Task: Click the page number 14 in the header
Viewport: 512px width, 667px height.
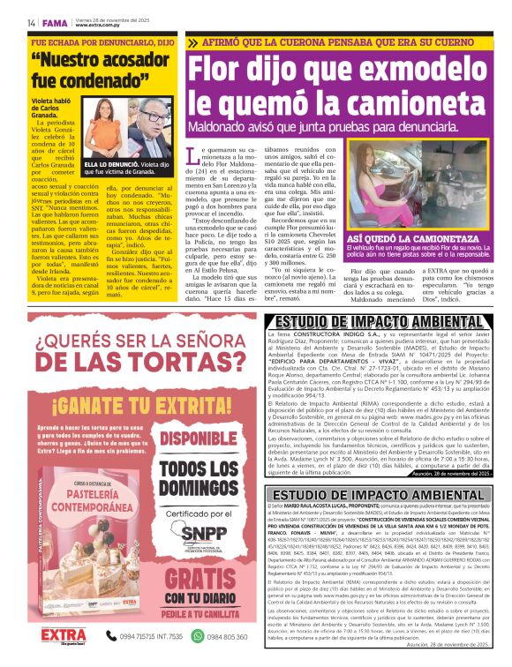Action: click(30, 21)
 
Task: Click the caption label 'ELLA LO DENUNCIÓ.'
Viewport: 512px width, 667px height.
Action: click(109, 165)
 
